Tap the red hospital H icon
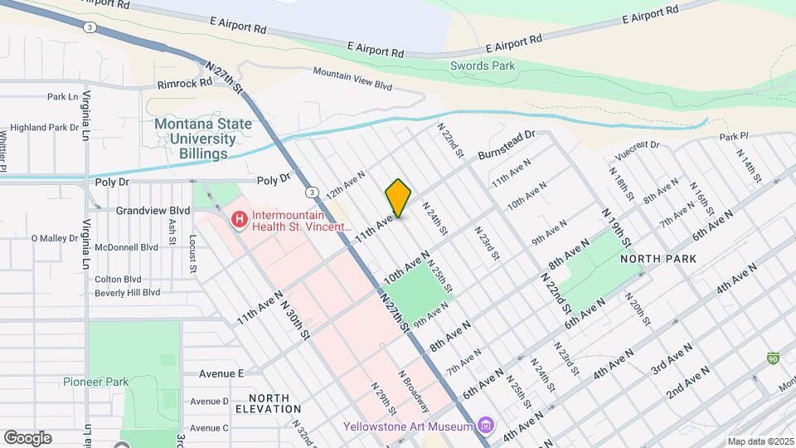239,220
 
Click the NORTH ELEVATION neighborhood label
268,403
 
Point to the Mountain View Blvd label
352,79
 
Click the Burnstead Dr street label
507,144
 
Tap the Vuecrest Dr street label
636,149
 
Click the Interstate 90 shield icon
773,358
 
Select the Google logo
27,437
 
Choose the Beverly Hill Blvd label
128,292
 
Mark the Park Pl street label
734,135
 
